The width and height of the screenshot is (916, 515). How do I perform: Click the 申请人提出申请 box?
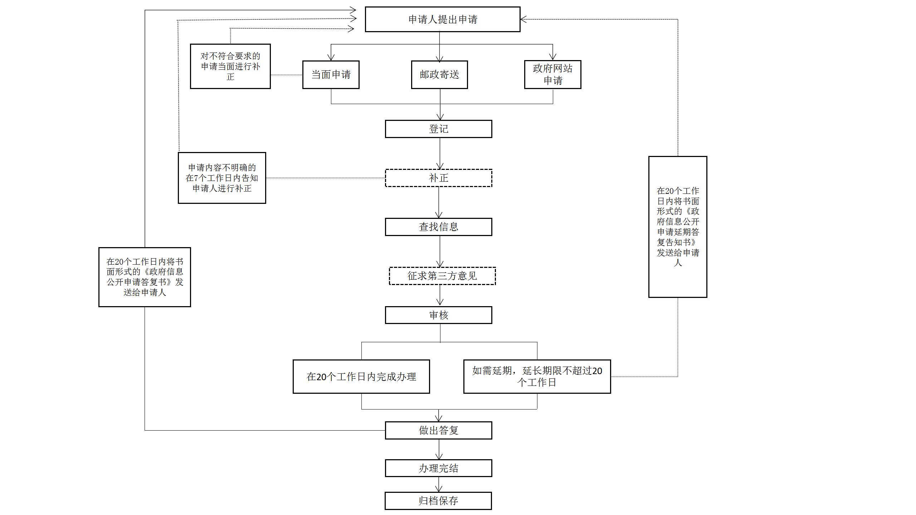442,19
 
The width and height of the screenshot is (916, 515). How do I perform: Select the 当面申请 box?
331,74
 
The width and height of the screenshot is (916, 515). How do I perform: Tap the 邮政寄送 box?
439,74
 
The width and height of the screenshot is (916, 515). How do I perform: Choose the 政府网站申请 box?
552,74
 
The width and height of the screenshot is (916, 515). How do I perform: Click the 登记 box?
438,129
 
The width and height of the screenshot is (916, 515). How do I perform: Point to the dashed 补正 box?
438,178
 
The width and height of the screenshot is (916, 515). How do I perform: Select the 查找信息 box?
438,227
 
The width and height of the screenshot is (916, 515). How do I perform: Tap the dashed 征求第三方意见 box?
442,276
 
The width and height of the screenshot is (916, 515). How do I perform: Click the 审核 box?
438,315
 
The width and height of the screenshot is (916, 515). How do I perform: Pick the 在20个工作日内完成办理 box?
361,377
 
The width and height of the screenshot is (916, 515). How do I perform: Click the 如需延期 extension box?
537,377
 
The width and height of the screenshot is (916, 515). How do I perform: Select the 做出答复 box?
438,430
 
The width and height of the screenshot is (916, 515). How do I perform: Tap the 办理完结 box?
438,468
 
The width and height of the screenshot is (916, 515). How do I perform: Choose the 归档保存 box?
438,501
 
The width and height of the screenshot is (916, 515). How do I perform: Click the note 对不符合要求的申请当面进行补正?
230,66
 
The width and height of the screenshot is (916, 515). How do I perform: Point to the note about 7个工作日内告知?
222,178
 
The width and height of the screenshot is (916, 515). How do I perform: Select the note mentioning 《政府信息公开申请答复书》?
145,277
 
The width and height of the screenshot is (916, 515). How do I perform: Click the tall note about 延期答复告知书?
678,227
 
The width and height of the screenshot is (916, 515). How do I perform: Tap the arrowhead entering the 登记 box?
440,117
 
